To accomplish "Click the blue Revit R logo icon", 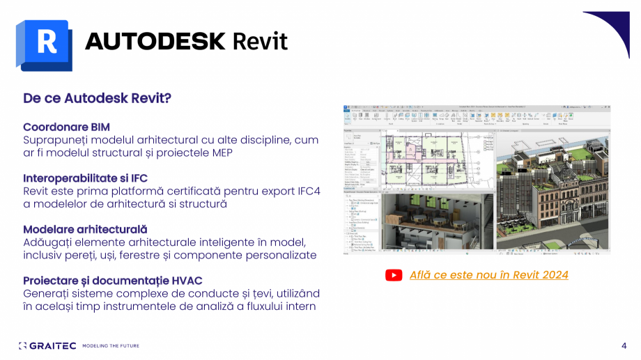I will (x=45, y=43).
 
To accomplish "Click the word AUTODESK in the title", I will (x=155, y=41).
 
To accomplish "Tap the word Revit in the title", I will (x=259, y=41).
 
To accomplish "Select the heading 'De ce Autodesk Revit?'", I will (x=97, y=98).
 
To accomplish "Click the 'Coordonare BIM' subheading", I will (x=66, y=127).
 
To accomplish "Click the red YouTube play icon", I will (x=394, y=275).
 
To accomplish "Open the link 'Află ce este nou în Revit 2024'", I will (x=488, y=275).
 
